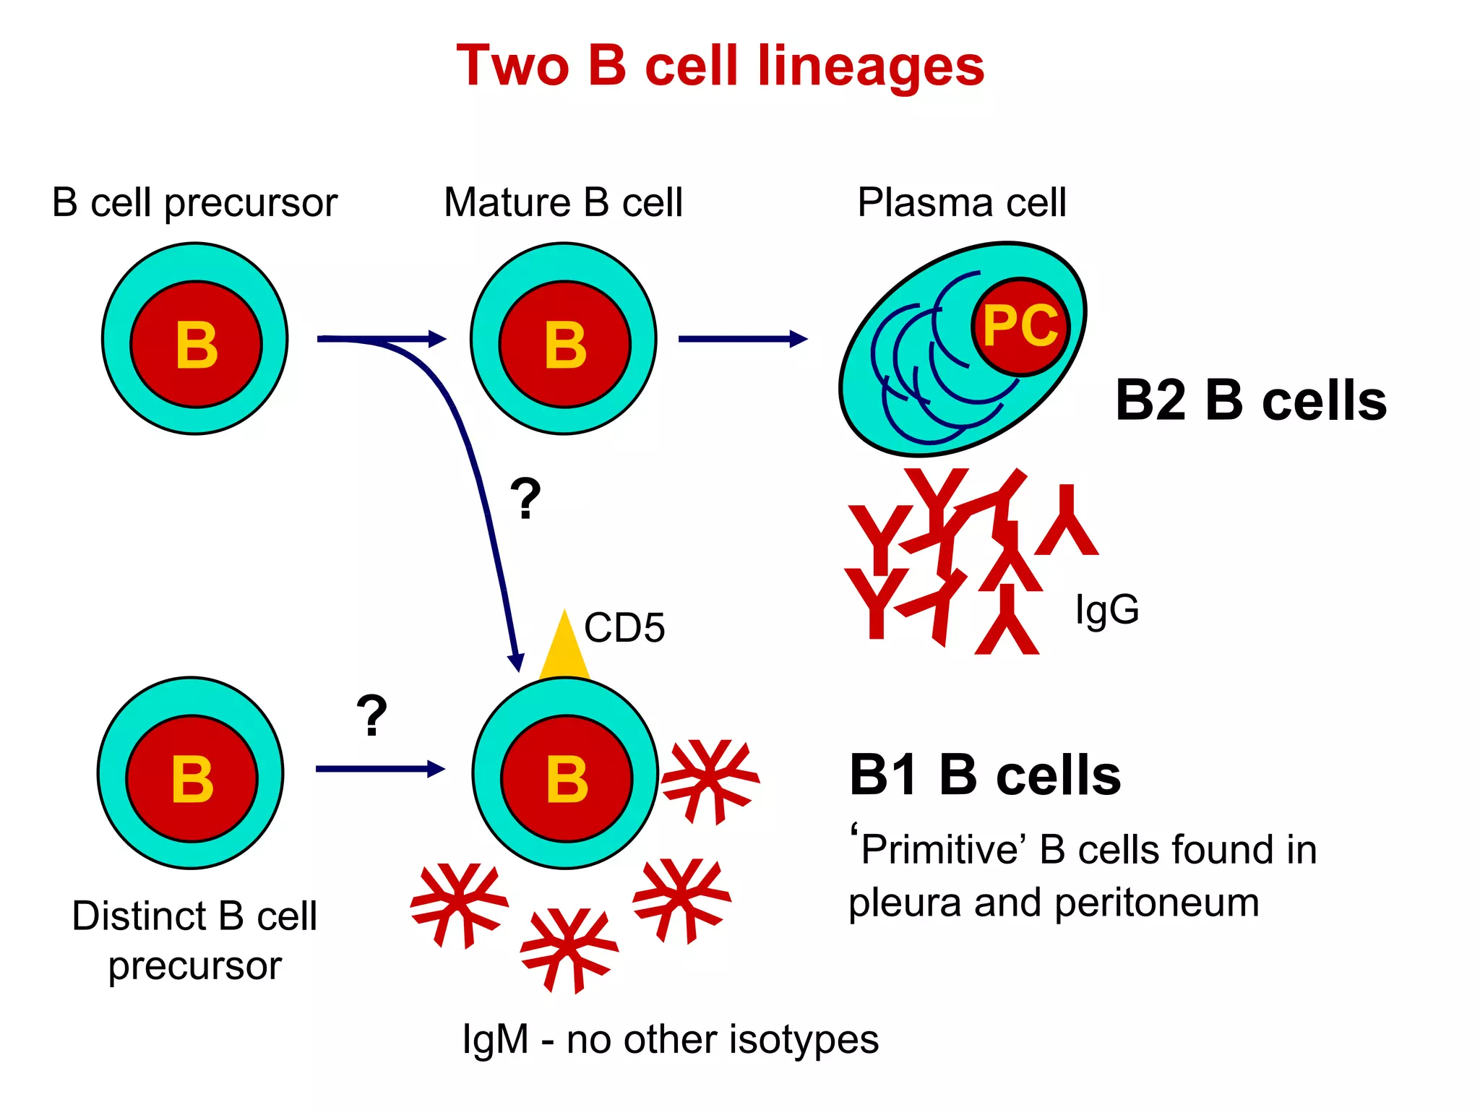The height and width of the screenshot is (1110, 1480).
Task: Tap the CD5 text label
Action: pos(624,627)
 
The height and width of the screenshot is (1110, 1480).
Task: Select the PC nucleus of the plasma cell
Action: pos(1020,327)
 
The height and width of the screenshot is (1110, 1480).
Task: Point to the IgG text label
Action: pos(1106,609)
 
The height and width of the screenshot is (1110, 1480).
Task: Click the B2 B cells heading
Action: pos(1250,400)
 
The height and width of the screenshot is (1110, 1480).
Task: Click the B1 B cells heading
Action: pos(985,775)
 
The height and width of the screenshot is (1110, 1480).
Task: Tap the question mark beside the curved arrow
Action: pos(525,499)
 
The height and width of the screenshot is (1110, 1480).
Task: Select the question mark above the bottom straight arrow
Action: pos(372,716)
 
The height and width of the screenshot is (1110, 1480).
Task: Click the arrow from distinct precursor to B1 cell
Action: pos(379,769)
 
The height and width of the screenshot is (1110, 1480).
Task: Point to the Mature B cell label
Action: pos(563,202)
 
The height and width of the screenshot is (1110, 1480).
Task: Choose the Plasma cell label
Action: pos(961,202)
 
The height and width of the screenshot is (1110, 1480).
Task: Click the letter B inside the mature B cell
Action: pos(565,345)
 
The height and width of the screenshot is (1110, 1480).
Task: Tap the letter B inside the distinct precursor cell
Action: pos(192,779)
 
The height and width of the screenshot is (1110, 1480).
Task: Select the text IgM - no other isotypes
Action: pos(670,1040)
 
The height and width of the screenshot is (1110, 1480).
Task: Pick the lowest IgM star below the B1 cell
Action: pos(569,947)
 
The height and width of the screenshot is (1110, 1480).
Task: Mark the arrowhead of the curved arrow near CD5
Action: pos(516,661)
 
